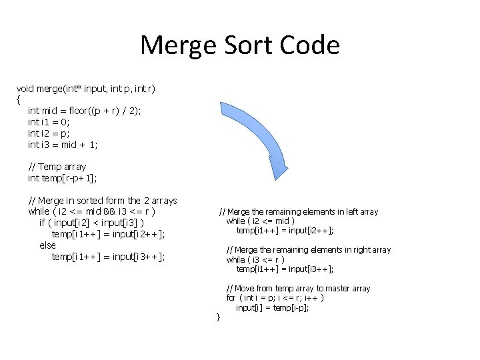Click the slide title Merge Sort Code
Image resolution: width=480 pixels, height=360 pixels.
coord(240,45)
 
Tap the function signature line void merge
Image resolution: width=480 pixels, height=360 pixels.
coord(86,88)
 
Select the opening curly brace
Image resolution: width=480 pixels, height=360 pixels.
coord(18,99)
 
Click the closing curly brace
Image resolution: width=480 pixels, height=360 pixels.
coord(217,316)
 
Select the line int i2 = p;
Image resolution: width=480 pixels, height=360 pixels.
coord(49,133)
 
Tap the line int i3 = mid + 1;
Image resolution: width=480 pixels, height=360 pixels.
coord(63,145)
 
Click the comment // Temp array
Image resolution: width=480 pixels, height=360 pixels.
coord(57,167)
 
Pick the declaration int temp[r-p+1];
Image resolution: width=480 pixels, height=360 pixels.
coord(62,178)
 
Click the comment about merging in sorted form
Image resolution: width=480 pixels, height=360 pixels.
coord(102,201)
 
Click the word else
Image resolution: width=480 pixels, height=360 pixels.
coord(47,245)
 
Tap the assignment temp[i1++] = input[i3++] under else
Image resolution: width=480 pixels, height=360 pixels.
coord(108,257)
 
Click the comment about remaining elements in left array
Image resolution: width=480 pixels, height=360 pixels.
coord(298,212)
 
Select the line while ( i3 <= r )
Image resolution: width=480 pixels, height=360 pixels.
coord(255,259)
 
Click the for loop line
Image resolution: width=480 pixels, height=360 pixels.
coord(275,298)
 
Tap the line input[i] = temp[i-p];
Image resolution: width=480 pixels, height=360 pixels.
coord(271,307)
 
